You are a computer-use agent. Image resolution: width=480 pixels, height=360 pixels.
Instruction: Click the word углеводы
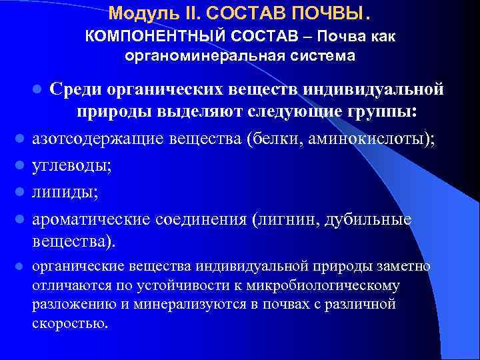(72, 167)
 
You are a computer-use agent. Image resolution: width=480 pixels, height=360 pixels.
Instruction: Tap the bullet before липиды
(21, 193)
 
